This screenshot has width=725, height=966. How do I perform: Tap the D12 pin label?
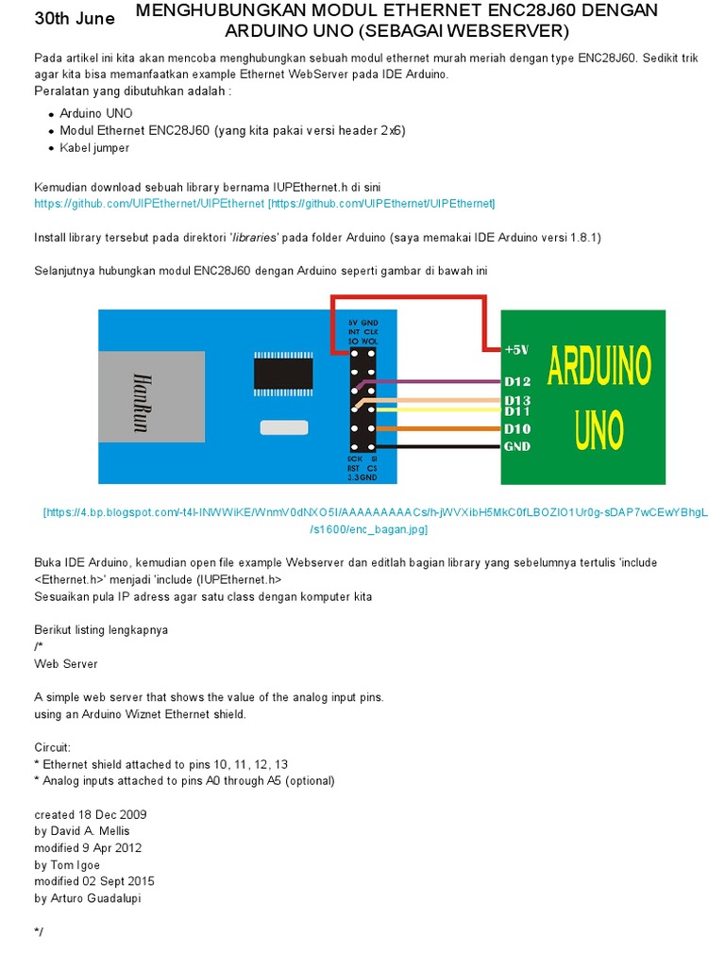pyautogui.click(x=517, y=381)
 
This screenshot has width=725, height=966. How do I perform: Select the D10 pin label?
pyautogui.click(x=517, y=429)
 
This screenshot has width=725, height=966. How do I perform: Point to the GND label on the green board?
pyautogui.click(x=517, y=446)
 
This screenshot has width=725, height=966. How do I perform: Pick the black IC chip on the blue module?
pyautogui.click(x=282, y=372)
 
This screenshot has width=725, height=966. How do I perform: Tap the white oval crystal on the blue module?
pyautogui.click(x=284, y=428)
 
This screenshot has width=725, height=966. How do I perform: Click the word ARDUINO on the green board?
pyautogui.click(x=599, y=366)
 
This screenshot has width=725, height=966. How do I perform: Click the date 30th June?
pyautogui.click(x=75, y=19)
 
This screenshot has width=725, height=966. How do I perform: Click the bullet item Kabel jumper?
pyautogui.click(x=94, y=148)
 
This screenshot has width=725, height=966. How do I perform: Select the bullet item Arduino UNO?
pyautogui.click(x=96, y=113)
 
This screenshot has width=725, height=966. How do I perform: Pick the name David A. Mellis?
pyautogui.click(x=82, y=831)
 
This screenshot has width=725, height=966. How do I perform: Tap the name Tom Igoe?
pyautogui.click(x=67, y=865)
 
